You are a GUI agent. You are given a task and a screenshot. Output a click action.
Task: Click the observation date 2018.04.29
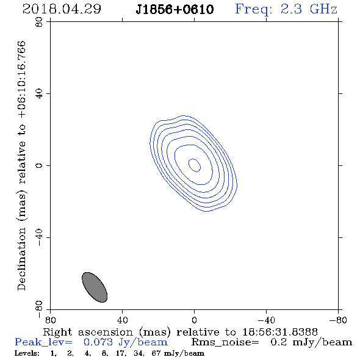click(x=62, y=9)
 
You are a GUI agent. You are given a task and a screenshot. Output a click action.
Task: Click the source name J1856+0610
click(x=175, y=9)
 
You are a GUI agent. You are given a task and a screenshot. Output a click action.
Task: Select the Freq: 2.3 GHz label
click(x=286, y=9)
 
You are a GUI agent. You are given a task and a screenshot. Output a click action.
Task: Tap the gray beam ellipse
click(x=95, y=287)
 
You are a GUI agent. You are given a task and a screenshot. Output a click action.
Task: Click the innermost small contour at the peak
click(x=195, y=165)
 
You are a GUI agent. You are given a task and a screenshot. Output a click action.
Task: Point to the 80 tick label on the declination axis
click(x=39, y=22)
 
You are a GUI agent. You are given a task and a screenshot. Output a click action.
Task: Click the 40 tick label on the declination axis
click(x=39, y=94)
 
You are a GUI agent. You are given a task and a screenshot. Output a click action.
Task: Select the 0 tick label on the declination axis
click(x=39, y=165)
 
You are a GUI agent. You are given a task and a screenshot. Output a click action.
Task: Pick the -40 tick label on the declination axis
click(x=39, y=237)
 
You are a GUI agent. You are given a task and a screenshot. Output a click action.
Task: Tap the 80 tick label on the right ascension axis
click(x=50, y=320)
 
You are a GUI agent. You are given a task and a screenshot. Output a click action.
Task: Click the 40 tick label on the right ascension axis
click(x=122, y=320)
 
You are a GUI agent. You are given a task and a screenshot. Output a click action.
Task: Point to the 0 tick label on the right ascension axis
click(x=194, y=320)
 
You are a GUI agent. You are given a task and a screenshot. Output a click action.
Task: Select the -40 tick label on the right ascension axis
click(x=266, y=320)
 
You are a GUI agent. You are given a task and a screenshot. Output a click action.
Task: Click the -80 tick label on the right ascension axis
click(x=338, y=320)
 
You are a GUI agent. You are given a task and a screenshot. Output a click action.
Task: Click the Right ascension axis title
click(x=180, y=332)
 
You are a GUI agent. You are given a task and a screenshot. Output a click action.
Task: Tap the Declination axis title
click(x=22, y=165)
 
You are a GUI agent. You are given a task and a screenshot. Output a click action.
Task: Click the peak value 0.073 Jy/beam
click(x=126, y=342)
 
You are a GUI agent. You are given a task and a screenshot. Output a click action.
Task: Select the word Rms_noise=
click(x=225, y=342)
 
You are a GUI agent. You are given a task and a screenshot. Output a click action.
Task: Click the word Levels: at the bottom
click(x=27, y=353)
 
